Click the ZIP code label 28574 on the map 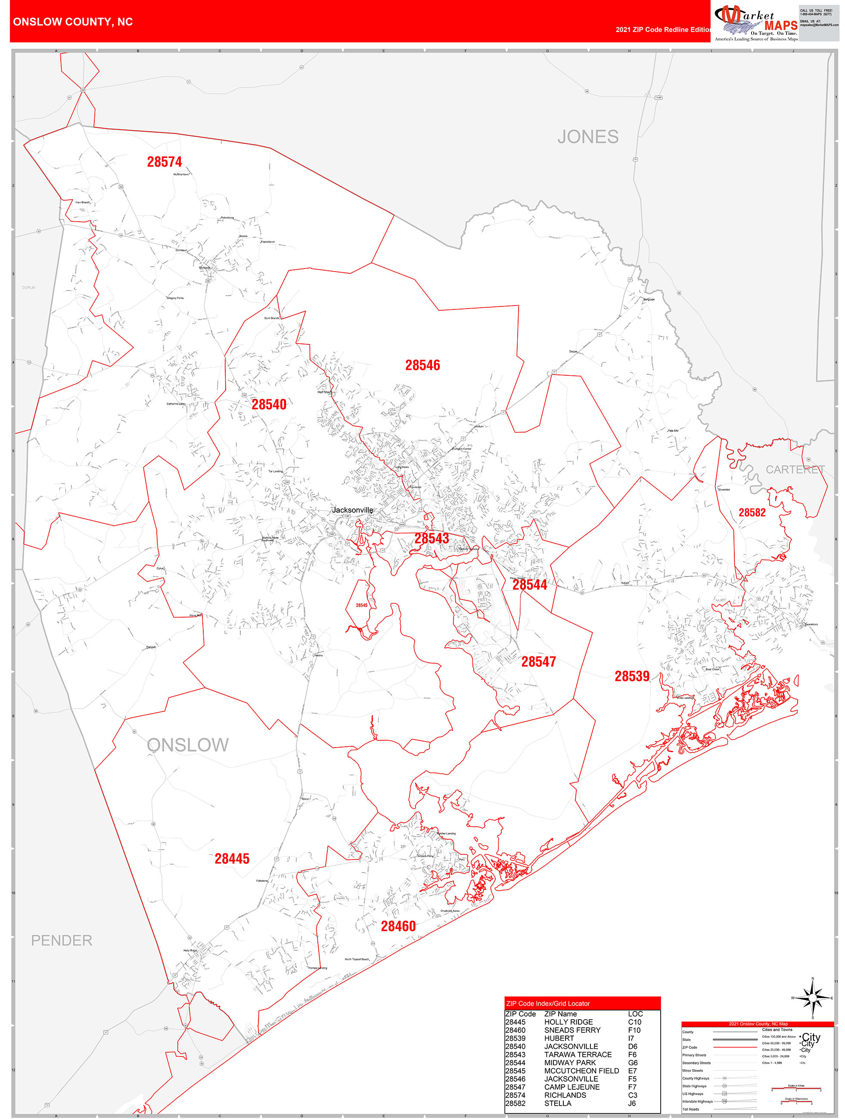coord(164,162)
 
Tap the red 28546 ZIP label coord(422,365)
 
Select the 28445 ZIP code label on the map coord(232,859)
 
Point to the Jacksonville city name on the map coord(352,510)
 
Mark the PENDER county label coord(62,940)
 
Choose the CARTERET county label coord(795,470)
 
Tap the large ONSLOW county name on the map coord(188,745)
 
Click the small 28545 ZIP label coord(361,605)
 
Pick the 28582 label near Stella coord(752,513)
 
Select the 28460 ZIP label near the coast coord(398,926)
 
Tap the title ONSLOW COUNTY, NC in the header coord(73,22)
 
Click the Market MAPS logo coord(755,23)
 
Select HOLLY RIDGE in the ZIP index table coord(568,1022)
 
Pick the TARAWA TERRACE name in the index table coord(578,1054)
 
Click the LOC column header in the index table coord(635,1014)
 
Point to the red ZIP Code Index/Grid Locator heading coord(548,1003)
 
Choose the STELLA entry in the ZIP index coord(557,1104)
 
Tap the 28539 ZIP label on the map coord(632,677)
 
